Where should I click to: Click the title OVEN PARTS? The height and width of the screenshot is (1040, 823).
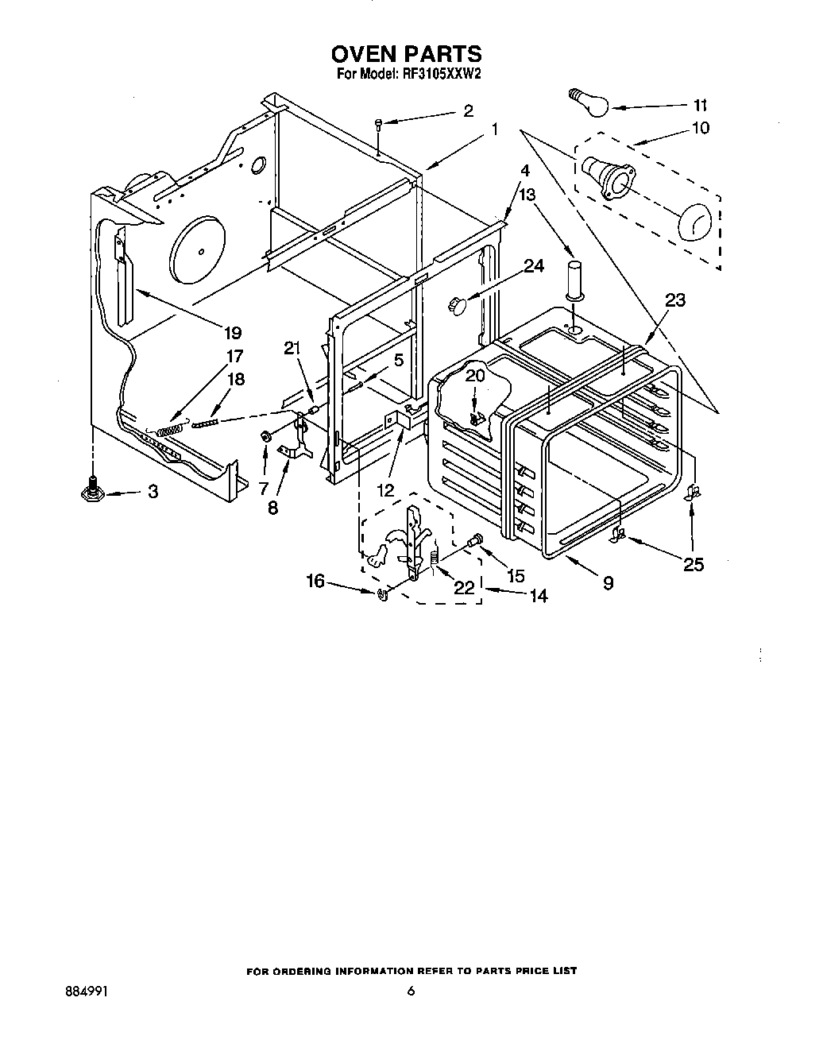pos(406,53)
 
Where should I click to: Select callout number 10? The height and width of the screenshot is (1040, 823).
pos(701,128)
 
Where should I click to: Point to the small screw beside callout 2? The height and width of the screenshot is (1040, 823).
pos(379,122)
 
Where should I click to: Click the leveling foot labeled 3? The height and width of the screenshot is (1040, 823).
pos(92,492)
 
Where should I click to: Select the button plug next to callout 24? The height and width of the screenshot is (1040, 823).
pos(458,302)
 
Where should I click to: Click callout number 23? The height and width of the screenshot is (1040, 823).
pos(675,300)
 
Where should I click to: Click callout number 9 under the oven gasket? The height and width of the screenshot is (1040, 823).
pos(608,582)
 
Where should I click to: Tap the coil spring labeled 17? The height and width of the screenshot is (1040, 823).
pos(171,429)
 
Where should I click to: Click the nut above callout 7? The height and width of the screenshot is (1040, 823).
pos(266,436)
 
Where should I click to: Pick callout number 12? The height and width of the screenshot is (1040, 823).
pos(385,490)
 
